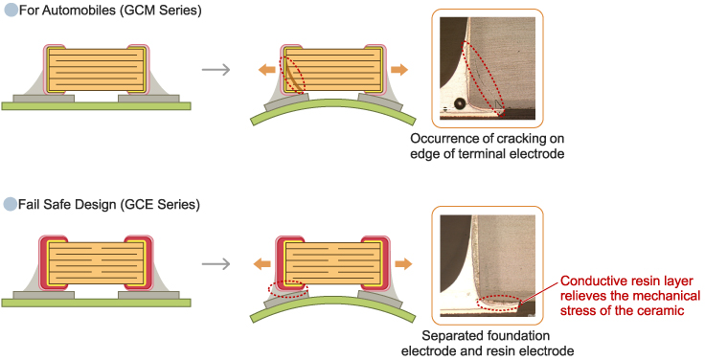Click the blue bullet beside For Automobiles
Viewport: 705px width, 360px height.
[x=11, y=10]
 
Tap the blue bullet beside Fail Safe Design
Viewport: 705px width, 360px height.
[x=11, y=204]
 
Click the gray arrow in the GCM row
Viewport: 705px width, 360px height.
[x=216, y=70]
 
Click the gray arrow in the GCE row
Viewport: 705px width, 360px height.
[x=216, y=264]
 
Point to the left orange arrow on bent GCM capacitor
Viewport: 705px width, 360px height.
[x=266, y=70]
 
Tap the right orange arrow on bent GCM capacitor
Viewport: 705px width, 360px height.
[x=399, y=70]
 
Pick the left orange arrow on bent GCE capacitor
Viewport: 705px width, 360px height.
[x=262, y=264]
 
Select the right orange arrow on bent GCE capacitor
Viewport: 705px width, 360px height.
[x=403, y=264]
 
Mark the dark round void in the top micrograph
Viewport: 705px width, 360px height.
[x=460, y=103]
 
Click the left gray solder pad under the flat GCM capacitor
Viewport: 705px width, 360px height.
[x=44, y=98]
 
